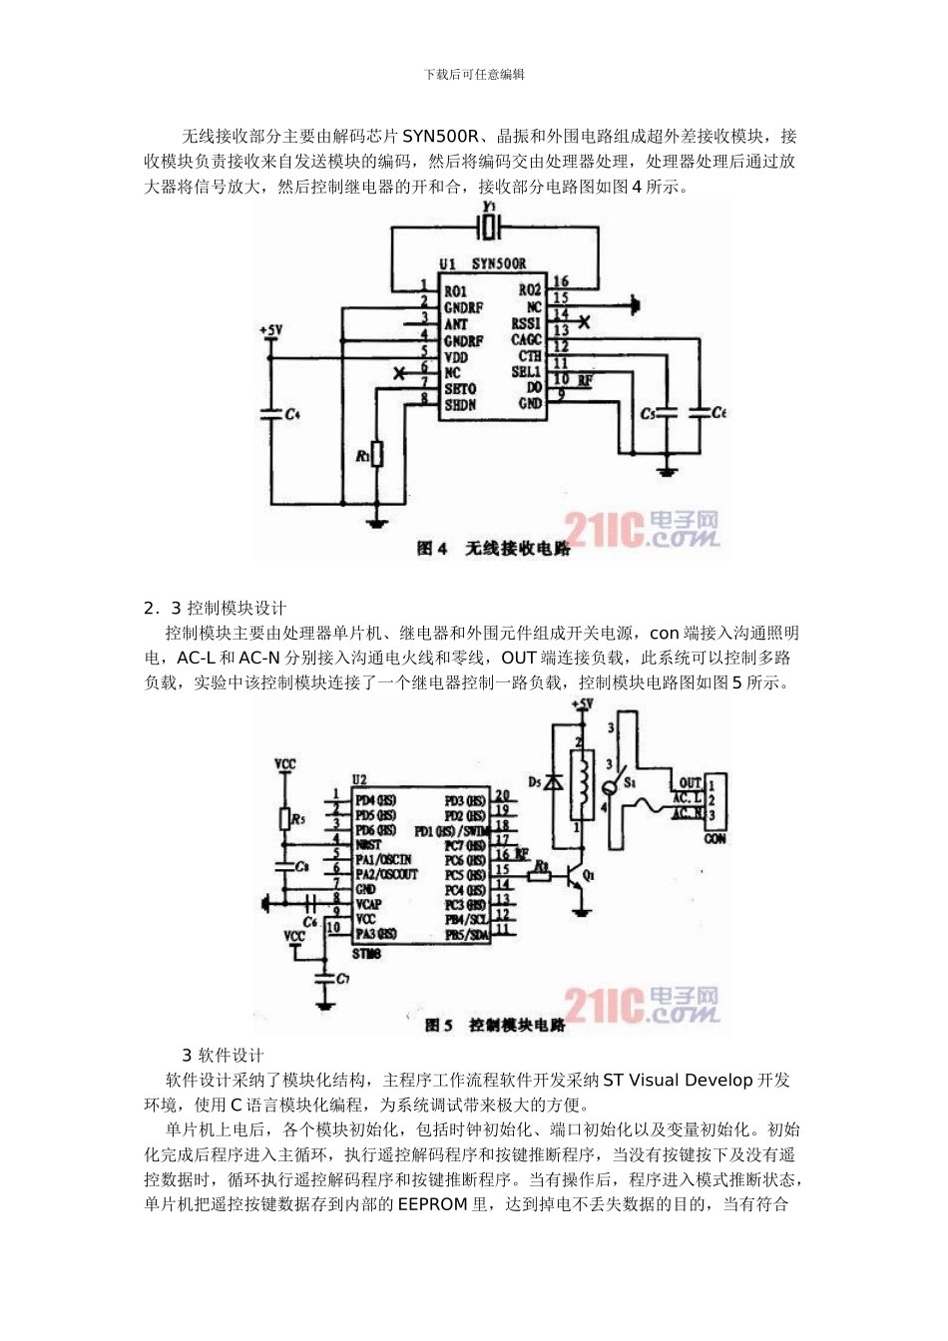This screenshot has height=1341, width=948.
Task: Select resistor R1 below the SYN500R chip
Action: pyautogui.click(x=376, y=454)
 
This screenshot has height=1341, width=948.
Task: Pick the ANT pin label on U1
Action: pyautogui.click(x=456, y=324)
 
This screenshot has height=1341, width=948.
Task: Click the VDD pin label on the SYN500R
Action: pyautogui.click(x=456, y=357)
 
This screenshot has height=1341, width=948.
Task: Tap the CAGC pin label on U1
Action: pyautogui.click(x=526, y=340)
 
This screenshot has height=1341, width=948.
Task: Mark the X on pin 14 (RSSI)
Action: pyautogui.click(x=584, y=321)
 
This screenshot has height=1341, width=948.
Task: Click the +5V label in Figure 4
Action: pyautogui.click(x=270, y=329)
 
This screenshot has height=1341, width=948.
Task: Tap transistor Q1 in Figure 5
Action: pyautogui.click(x=577, y=878)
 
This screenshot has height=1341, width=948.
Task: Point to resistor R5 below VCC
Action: pyautogui.click(x=284, y=819)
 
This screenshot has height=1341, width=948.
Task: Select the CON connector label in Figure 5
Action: pyautogui.click(x=714, y=839)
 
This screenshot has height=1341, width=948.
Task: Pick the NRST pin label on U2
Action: pyautogui.click(x=368, y=844)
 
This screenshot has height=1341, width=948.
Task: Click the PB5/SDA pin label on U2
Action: pyautogui.click(x=466, y=935)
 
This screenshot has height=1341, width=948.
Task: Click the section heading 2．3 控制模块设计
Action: pyautogui.click(x=215, y=608)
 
